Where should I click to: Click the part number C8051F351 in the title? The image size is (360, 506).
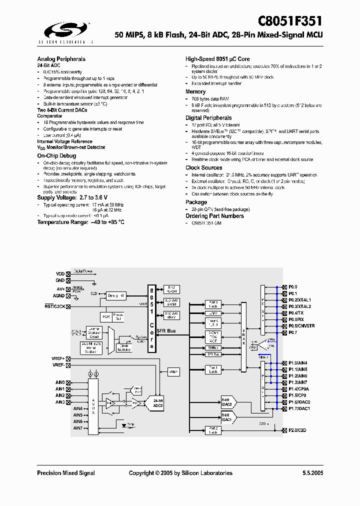290,21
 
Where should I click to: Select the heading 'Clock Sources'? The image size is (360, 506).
204,168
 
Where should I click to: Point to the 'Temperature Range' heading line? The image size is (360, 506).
81,222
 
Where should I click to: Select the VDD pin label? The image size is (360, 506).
60,274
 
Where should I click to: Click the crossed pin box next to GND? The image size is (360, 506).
68,280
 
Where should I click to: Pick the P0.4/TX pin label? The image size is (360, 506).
296,312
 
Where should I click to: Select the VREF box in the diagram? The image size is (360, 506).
173,371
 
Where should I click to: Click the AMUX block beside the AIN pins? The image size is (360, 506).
93,405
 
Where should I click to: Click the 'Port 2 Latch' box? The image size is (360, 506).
213,430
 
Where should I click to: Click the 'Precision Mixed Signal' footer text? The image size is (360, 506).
66,473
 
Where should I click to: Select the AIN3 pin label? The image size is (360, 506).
60,402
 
